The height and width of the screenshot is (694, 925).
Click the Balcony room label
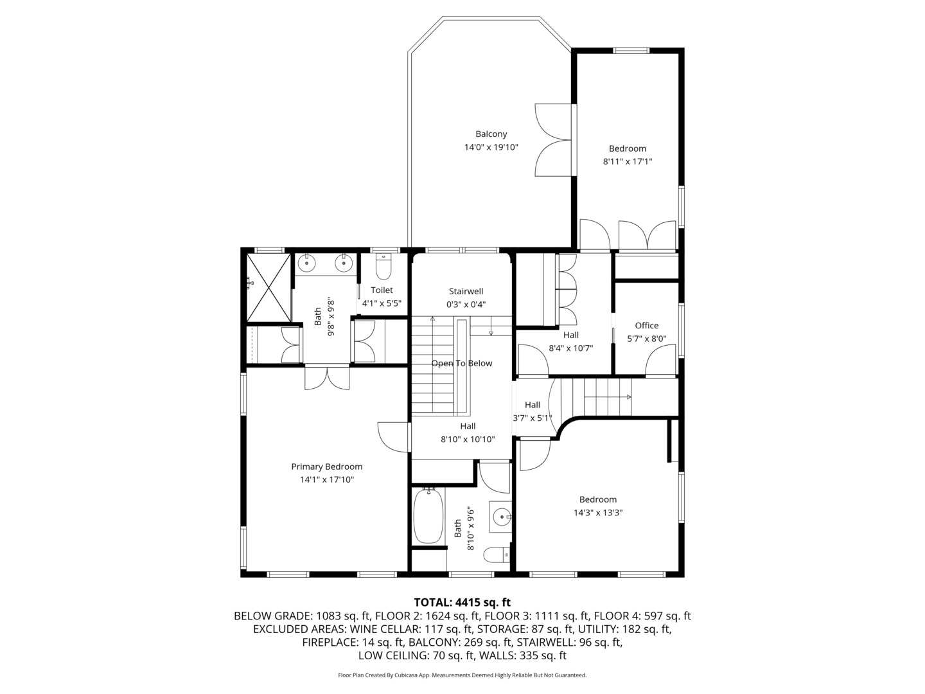(x=491, y=134)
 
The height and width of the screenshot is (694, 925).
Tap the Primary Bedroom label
(x=326, y=467)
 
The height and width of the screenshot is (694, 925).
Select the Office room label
(x=646, y=325)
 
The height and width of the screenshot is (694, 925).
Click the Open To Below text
(x=461, y=363)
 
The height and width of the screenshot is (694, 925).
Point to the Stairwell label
(x=466, y=291)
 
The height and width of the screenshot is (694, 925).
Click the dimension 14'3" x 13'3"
(x=598, y=513)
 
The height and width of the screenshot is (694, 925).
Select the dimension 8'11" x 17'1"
(x=627, y=162)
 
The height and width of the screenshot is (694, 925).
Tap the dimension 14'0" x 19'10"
(x=491, y=147)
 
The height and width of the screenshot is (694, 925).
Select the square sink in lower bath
(x=500, y=516)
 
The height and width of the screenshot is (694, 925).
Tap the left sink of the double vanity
(x=308, y=262)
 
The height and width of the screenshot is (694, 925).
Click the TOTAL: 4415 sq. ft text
(x=462, y=602)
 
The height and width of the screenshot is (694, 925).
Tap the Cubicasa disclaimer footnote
(x=462, y=675)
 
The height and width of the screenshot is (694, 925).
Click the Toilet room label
(x=382, y=290)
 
